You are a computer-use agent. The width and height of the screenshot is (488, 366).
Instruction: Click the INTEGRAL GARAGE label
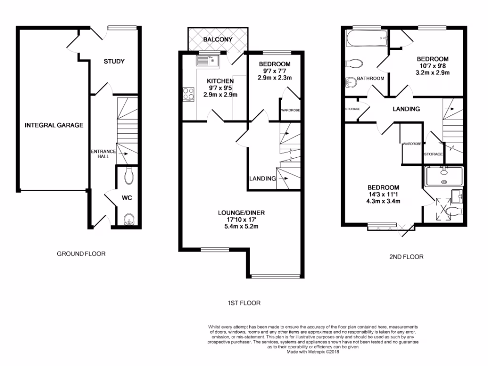tap(54, 125)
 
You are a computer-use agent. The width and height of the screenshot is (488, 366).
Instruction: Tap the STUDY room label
tap(114, 61)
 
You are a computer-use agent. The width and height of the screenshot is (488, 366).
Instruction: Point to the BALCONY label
tap(217, 40)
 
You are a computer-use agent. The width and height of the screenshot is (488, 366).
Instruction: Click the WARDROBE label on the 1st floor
tap(290, 111)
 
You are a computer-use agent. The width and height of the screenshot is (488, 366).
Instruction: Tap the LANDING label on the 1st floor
tap(263, 179)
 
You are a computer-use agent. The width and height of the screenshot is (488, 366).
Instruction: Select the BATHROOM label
tap(371, 78)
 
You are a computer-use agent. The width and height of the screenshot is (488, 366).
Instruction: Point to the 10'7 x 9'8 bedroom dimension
tap(434, 66)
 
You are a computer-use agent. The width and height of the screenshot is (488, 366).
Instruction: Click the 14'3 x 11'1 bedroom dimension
tap(383, 194)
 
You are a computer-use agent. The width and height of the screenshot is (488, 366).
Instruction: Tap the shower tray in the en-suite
tap(443, 175)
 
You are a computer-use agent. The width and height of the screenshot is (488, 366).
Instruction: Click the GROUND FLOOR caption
tap(81, 254)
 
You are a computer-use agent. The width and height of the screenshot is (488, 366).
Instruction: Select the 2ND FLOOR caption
tap(407, 257)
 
